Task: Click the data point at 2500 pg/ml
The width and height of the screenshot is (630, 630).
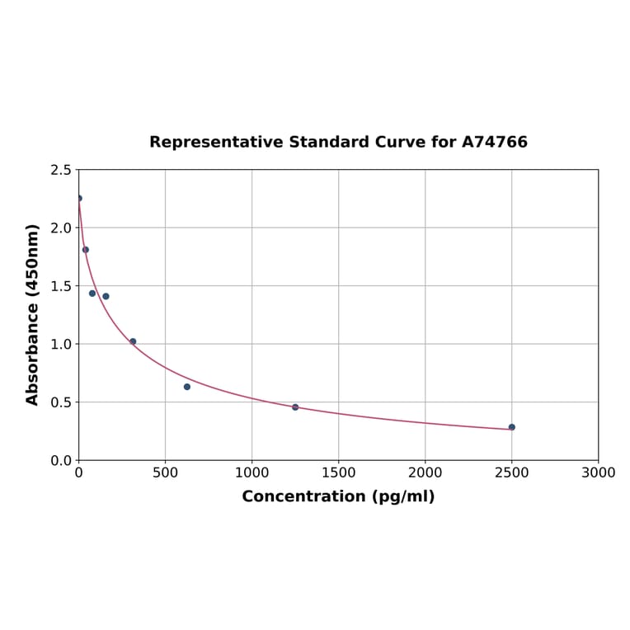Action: pos(511,427)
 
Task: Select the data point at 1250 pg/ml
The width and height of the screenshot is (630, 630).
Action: pos(295,407)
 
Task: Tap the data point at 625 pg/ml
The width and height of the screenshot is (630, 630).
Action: pos(187,387)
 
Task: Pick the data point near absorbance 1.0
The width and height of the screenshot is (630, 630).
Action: pos(133,341)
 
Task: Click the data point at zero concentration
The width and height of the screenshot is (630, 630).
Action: pos(79,198)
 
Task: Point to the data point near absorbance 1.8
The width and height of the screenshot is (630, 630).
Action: pos(86,250)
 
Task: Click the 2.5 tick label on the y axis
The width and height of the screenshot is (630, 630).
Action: pos(61,170)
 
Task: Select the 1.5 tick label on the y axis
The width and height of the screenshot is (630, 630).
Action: pos(61,286)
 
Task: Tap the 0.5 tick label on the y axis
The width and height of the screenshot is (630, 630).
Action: pos(61,402)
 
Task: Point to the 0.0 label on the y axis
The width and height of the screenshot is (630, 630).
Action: pos(61,460)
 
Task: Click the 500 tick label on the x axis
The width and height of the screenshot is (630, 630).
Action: pos(165,473)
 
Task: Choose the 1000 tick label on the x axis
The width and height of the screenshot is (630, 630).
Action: pos(252,473)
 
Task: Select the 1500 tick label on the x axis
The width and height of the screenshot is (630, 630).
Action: pos(338,473)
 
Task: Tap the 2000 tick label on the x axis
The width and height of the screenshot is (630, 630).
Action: pos(425,473)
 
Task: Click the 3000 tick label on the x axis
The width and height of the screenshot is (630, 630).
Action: pos(598,473)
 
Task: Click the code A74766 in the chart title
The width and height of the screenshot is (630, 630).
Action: pos(494,143)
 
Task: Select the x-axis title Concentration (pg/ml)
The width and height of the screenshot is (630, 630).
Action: pos(338,497)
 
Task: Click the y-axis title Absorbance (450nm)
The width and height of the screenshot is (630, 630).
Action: pos(33,314)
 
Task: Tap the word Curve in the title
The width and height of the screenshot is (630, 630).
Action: pos(400,143)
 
